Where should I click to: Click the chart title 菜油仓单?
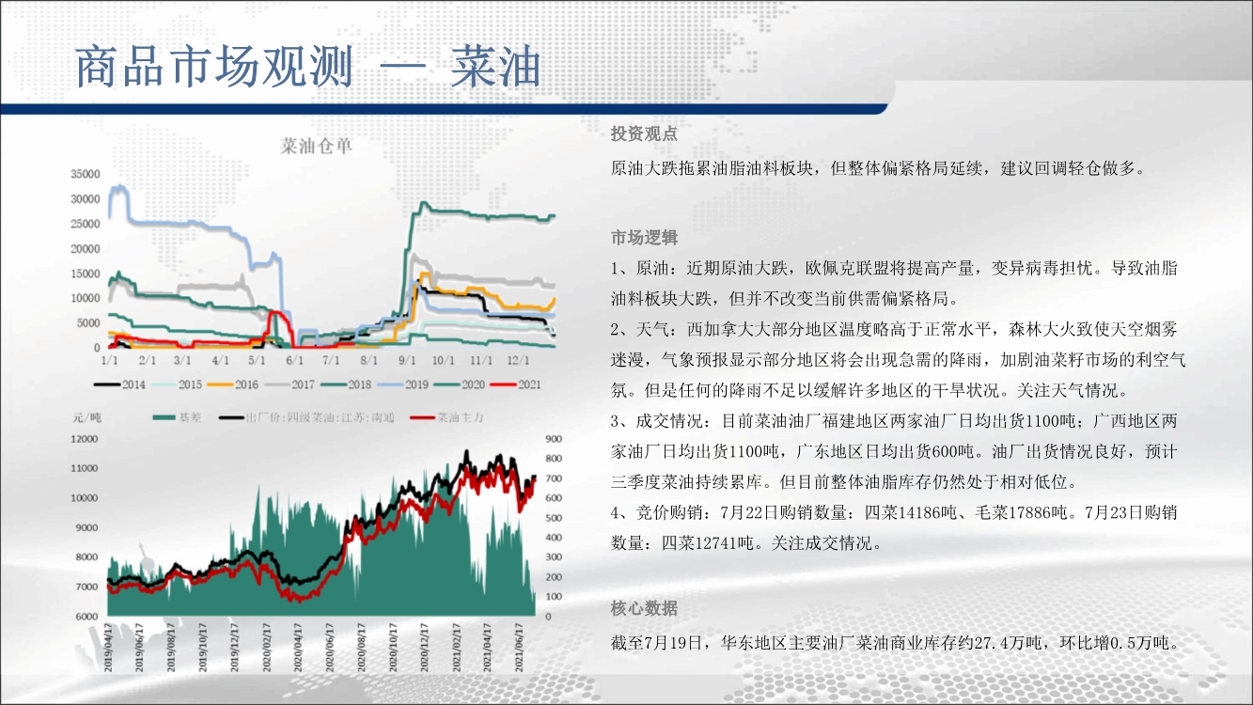(316, 147)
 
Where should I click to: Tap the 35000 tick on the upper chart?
(85, 174)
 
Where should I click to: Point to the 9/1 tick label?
(407, 360)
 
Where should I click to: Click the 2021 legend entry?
(515, 385)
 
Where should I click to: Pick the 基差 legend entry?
(177, 417)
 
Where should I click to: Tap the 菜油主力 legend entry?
(446, 417)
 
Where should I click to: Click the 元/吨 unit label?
(86, 418)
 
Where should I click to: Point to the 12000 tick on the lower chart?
(85, 439)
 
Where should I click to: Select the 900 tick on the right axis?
(554, 439)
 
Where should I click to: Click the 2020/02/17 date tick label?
(266, 648)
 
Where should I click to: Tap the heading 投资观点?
(644, 133)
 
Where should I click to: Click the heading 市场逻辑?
(644, 238)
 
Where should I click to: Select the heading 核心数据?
(644, 607)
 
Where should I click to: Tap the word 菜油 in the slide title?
(495, 67)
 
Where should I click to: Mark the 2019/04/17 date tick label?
(108, 648)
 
